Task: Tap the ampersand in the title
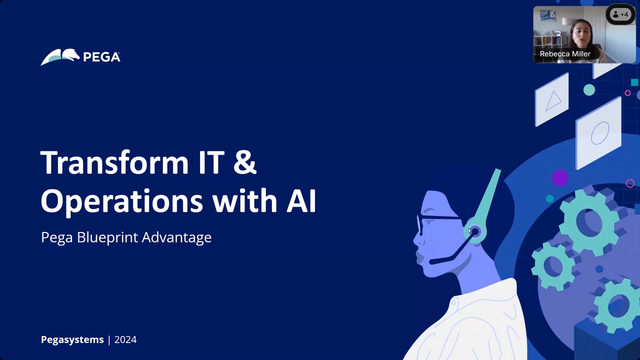pos(257,163)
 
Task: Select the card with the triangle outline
pos(552,99)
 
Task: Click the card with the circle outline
pos(599,132)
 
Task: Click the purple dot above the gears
pos(559,178)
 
